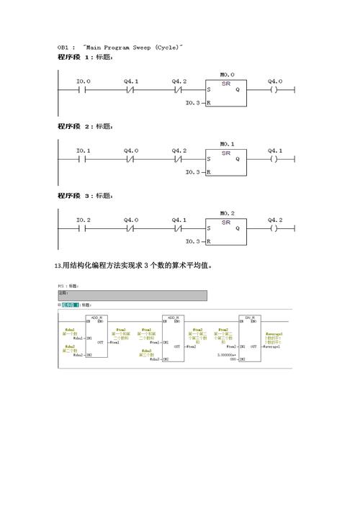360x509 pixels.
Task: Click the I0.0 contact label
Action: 84,81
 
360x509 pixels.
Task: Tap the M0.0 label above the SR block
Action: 228,74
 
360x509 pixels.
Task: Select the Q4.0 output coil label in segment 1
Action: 275,81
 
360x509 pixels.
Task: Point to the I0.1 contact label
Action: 84,150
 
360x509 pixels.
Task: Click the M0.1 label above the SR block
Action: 228,143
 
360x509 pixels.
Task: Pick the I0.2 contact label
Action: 84,220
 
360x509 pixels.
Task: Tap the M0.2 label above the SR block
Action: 228,212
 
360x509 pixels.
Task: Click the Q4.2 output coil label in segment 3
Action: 275,220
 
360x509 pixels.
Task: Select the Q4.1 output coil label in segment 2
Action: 275,150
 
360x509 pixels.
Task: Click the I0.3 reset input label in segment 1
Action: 193,103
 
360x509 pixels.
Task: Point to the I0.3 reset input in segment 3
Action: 193,241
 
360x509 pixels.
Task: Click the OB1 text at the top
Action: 64,47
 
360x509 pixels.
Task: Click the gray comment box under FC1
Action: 132,295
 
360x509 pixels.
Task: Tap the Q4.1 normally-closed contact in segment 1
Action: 131,90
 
